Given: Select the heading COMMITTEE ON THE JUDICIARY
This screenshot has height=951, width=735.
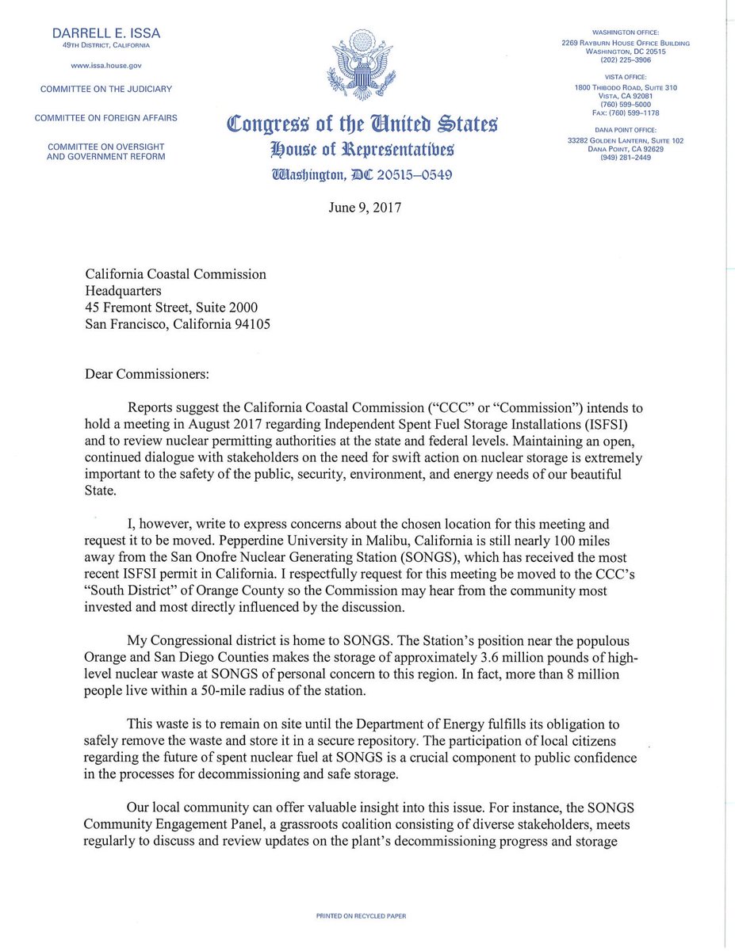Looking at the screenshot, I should (106, 89).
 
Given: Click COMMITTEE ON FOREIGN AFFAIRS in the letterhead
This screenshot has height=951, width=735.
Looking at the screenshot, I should (106, 118).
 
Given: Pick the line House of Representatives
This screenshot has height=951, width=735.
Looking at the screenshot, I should (362, 148).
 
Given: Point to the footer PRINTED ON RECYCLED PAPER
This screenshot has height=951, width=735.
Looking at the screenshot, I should (362, 916).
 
